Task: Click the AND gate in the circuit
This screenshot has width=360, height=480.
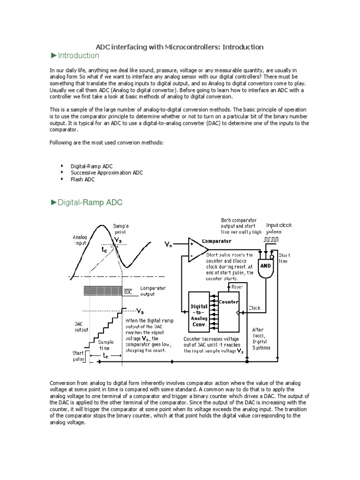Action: pos(266,265)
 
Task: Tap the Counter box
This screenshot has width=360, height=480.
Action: pos(229,312)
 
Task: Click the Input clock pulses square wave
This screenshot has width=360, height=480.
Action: pos(271,240)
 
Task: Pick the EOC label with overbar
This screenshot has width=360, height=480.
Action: pos(128,292)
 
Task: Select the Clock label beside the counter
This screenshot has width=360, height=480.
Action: pos(255,308)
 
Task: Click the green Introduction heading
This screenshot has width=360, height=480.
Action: pos(77,56)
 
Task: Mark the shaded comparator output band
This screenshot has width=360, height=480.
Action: pos(104,291)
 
